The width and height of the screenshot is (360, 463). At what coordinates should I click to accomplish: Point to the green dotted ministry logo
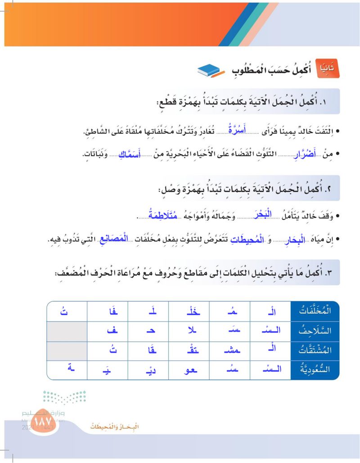click(x=64, y=398)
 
